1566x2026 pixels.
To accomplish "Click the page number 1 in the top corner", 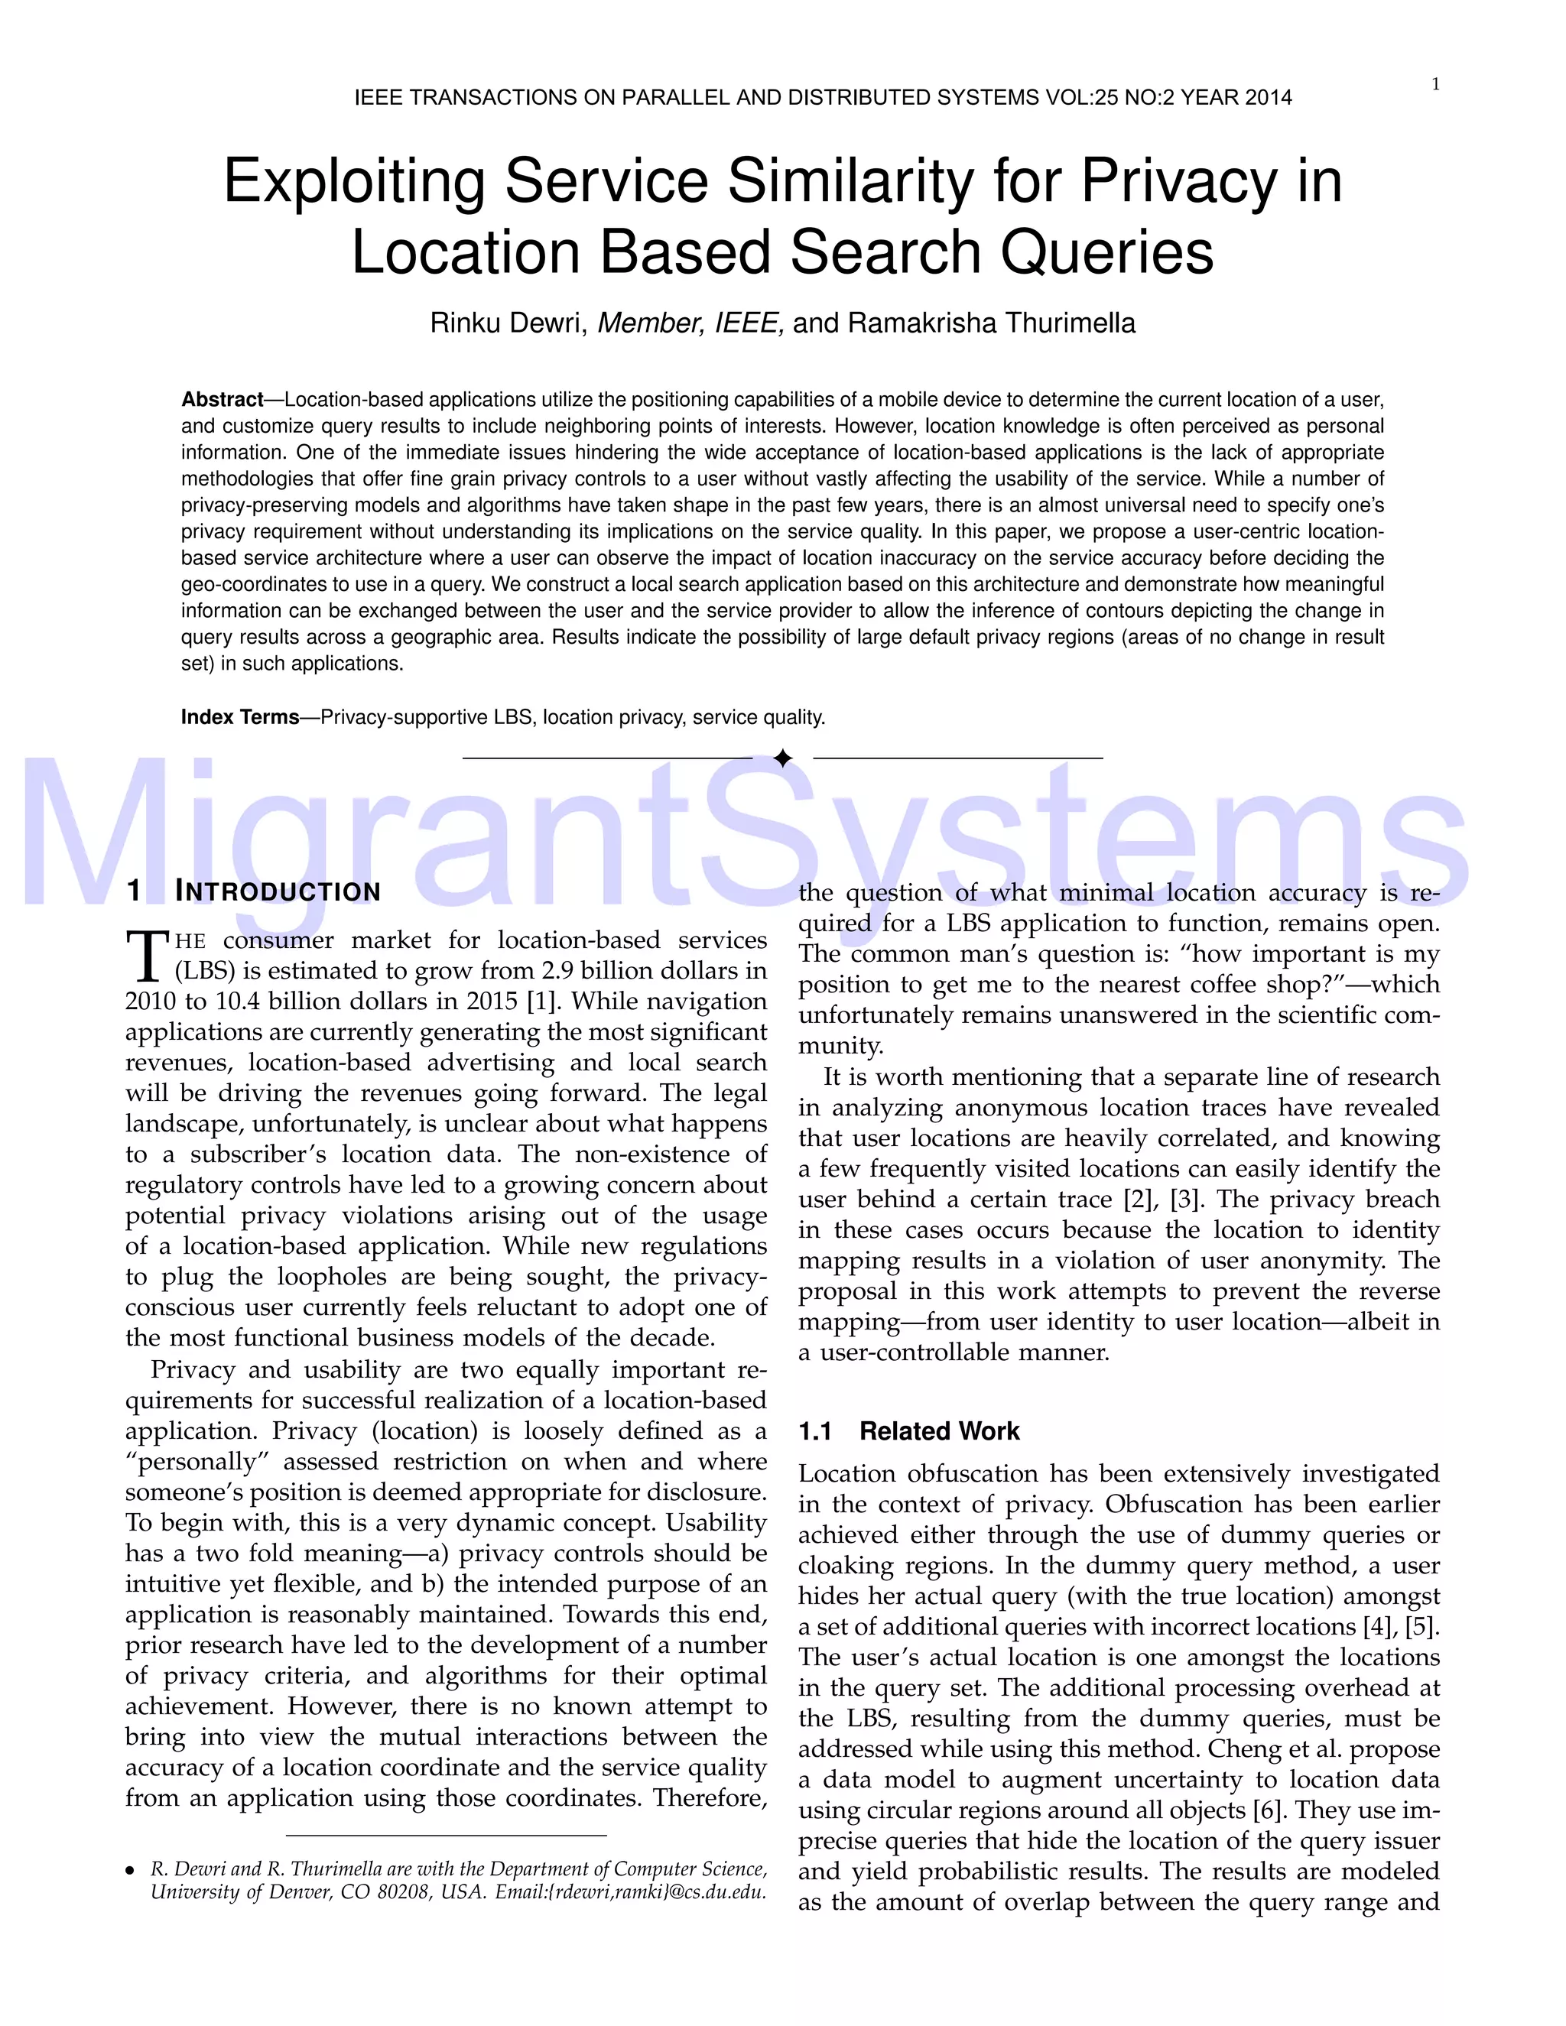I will tap(1435, 84).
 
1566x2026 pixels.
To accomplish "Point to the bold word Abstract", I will tap(222, 400).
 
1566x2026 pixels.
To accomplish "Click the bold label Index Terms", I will tap(239, 717).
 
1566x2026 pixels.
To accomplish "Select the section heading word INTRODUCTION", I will tap(278, 891).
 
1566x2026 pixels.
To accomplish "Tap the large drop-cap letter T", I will tap(148, 956).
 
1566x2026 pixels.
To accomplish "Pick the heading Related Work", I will tap(939, 1431).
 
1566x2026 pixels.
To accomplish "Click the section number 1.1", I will tap(814, 1431).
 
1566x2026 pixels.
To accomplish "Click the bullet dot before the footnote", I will tap(131, 1870).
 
